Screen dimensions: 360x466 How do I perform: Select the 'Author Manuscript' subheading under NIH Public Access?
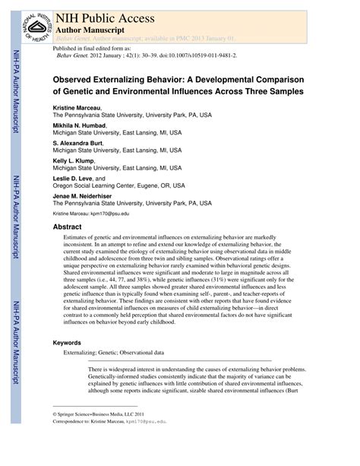(x=90, y=24)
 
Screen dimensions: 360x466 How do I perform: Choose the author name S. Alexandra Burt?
(x=77, y=142)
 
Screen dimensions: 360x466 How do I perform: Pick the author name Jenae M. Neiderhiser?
(x=83, y=195)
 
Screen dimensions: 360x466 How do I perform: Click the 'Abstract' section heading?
(x=69, y=227)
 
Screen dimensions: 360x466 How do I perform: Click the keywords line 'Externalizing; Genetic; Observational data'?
(x=113, y=353)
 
